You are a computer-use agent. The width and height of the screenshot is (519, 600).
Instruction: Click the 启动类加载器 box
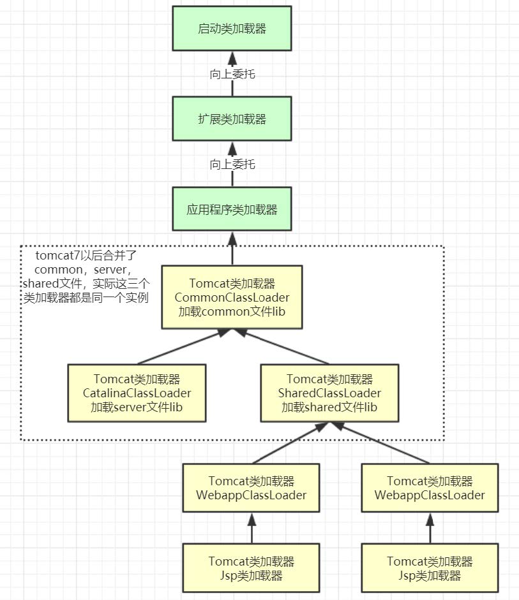232,29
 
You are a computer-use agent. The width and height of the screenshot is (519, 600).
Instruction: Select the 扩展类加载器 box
232,119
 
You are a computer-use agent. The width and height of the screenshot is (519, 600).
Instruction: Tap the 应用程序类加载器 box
232,209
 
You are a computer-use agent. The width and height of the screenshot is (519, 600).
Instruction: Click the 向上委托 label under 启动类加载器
232,74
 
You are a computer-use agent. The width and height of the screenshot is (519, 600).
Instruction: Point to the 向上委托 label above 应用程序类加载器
232,165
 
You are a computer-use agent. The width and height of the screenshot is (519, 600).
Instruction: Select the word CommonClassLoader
232,297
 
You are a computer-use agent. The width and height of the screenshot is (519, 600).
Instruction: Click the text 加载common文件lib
232,312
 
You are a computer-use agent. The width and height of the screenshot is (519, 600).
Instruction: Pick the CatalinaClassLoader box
137,393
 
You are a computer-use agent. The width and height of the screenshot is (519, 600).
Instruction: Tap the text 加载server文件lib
137,407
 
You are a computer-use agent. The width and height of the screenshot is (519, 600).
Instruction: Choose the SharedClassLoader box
329,393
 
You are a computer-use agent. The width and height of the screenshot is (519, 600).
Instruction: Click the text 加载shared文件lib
329,407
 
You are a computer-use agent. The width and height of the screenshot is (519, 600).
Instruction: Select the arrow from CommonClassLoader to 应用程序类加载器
232,249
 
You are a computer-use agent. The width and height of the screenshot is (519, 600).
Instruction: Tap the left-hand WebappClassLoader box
252,488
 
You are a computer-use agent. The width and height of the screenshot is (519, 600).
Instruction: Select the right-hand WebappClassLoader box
430,488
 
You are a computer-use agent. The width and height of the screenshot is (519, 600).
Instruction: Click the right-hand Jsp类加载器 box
430,568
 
